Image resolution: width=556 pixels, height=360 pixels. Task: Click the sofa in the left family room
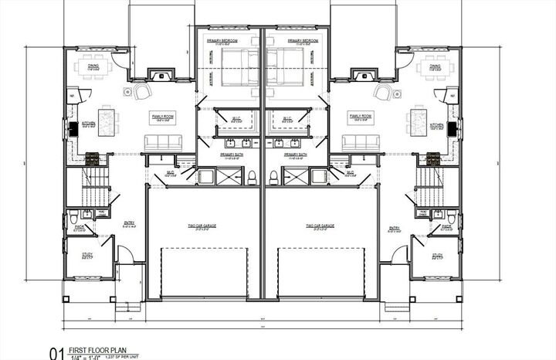tap(163, 141)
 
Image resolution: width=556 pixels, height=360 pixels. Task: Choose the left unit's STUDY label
tap(87, 256)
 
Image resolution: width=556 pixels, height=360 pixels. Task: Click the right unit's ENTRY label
tap(395, 228)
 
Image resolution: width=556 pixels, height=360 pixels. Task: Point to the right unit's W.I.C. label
tap(286, 118)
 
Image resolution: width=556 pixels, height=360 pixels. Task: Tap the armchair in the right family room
tap(384, 92)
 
